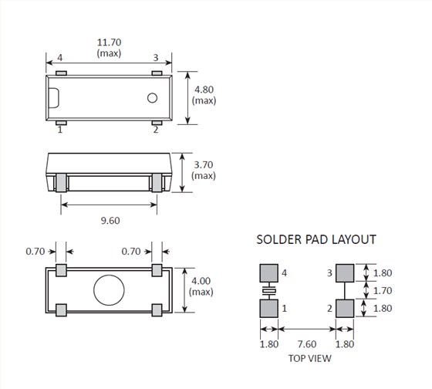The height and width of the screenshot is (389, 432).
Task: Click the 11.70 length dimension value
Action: (109, 42)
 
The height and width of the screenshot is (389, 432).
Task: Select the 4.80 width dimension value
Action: (204, 90)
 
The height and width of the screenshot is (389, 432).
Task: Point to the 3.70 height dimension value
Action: (204, 165)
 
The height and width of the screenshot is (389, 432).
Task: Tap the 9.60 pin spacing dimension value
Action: (110, 221)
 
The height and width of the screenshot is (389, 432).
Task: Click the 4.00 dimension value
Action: (201, 281)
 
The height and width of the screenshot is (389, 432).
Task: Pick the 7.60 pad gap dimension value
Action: (307, 344)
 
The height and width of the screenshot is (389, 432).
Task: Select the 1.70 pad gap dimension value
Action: (383, 290)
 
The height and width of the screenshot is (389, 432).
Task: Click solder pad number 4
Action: (268, 273)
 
